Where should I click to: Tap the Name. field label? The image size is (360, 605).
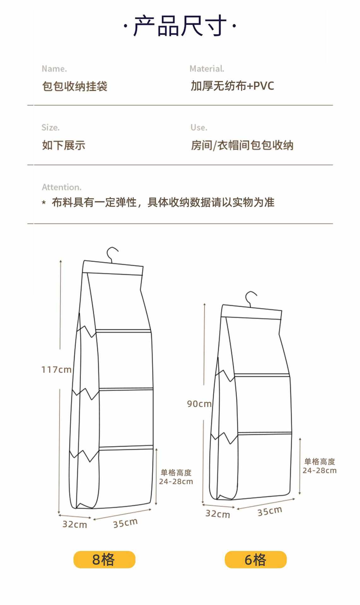point(54,69)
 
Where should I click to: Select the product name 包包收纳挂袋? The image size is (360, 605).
point(75,86)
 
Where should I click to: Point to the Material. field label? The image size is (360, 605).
point(207,69)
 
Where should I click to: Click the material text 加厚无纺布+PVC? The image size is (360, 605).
point(232,86)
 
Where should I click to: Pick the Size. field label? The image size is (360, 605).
point(50,127)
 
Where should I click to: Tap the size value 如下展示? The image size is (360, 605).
point(64,145)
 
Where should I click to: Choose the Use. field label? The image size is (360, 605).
point(199,127)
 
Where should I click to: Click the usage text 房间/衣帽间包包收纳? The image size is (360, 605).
point(242,145)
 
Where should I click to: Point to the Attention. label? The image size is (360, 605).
point(62,187)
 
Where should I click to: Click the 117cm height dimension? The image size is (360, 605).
point(56,369)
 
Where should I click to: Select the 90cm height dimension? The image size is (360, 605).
point(199,404)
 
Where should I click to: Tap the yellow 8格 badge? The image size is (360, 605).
point(104,560)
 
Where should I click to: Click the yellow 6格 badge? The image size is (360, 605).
point(256,560)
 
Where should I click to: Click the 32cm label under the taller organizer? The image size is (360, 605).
point(75,524)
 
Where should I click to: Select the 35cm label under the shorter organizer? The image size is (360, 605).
point(270,511)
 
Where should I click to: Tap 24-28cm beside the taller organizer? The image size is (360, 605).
point(176,481)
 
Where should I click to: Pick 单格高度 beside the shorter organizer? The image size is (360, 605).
point(320,462)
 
